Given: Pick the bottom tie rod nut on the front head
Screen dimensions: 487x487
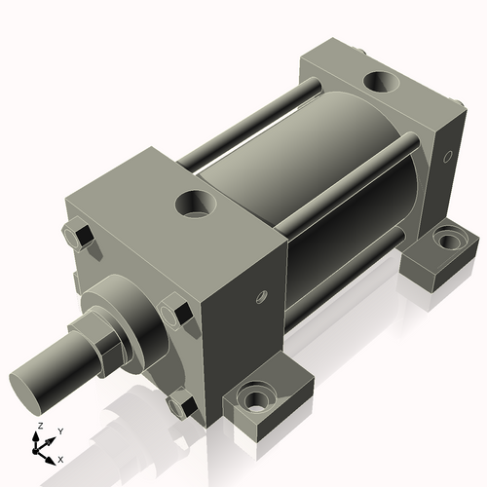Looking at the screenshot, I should pyautogui.click(x=180, y=402).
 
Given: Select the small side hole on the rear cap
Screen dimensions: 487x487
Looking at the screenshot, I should pyautogui.click(x=447, y=156).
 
